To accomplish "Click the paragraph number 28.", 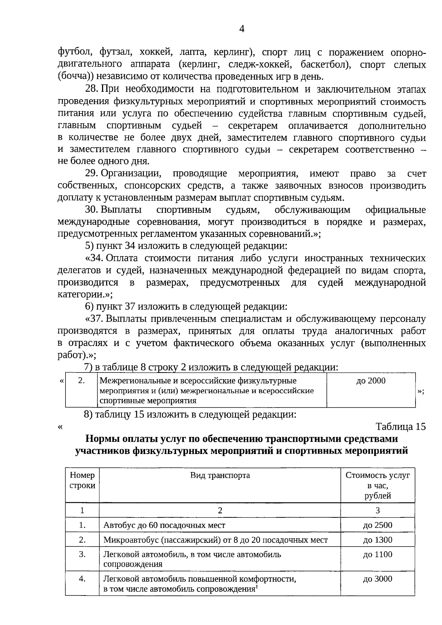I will click(x=91, y=89).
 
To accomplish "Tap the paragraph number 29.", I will click(x=91, y=173).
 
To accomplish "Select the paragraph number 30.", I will click(x=91, y=210).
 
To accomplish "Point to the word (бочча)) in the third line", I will click(x=75, y=77).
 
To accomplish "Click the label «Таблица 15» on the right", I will click(x=400, y=427).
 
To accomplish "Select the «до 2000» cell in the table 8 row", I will click(x=371, y=381).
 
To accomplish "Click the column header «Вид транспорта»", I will click(x=220, y=475).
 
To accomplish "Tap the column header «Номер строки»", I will click(x=82, y=480).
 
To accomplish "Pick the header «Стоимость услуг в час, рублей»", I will click(x=378, y=485).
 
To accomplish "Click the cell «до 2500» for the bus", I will click(x=378, y=525).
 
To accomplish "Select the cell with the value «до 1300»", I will click(x=378, y=540).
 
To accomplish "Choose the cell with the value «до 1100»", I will click(x=378, y=554).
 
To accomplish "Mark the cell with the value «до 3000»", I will click(x=378, y=579).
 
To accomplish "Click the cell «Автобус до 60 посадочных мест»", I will click(x=164, y=525).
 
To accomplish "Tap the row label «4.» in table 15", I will click(x=82, y=579).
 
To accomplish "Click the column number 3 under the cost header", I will click(x=378, y=510).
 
